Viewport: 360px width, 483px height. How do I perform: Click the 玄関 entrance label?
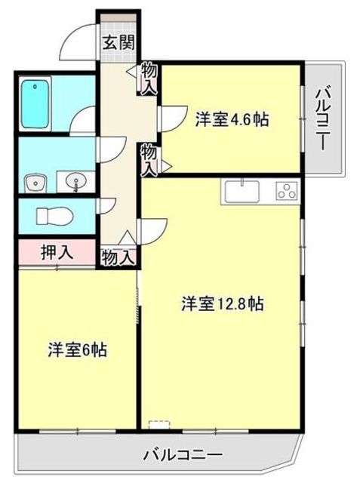(x=117, y=41)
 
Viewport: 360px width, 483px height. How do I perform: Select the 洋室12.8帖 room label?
(x=222, y=304)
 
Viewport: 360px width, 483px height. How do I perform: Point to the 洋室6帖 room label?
(x=78, y=350)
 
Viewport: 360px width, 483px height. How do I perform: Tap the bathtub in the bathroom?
(x=35, y=104)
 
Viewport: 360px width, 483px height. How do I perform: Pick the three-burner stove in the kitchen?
(x=286, y=192)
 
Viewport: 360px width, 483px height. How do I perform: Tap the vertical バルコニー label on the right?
(x=322, y=119)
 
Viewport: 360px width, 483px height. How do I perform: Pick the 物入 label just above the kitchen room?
(x=149, y=158)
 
